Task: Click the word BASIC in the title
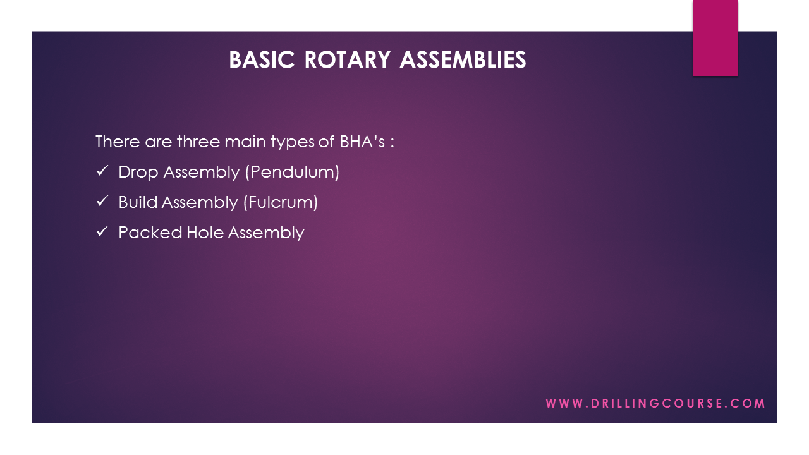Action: pos(262,59)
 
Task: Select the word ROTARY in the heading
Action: pos(348,59)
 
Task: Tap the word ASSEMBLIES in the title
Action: pos(463,59)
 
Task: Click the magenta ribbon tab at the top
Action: pos(715,38)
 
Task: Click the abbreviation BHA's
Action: pos(362,141)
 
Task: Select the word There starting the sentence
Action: pos(118,141)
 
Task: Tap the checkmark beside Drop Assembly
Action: pos(102,171)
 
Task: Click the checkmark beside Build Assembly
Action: pos(102,201)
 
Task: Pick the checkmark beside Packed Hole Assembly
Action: pos(102,231)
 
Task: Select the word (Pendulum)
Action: pos(292,172)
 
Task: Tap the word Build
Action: pos(138,202)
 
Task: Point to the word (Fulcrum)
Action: pos(281,202)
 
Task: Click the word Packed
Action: pos(150,233)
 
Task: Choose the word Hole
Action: pos(205,233)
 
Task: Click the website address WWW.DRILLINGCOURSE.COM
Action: pos(655,403)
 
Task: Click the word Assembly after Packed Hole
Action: pos(266,233)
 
